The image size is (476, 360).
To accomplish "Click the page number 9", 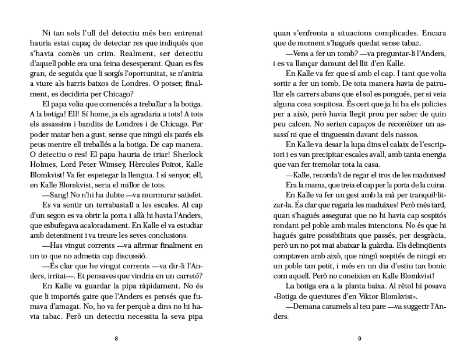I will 359,339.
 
